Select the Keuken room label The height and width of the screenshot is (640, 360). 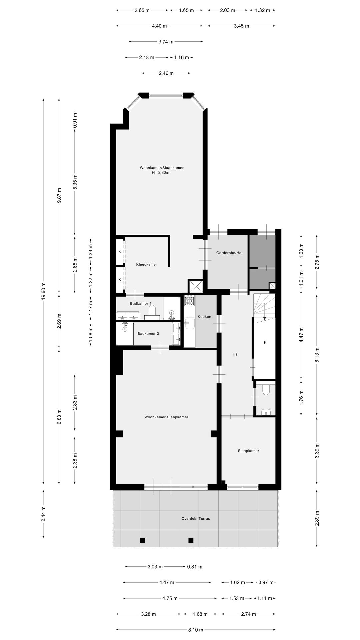[204, 316]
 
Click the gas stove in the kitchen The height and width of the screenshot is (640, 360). [190, 301]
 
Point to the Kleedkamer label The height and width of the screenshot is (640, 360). [146, 264]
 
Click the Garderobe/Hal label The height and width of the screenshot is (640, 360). [229, 253]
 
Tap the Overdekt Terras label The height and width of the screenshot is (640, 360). [196, 518]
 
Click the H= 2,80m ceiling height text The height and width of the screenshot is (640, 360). [160, 173]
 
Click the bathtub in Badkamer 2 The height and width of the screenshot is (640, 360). [176, 333]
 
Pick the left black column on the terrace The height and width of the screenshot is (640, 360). [142, 540]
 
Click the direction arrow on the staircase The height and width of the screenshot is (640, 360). [264, 318]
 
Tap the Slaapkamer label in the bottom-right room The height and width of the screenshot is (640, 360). [248, 451]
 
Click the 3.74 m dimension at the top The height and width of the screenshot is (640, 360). [166, 42]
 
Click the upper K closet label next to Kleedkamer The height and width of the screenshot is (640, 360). [120, 252]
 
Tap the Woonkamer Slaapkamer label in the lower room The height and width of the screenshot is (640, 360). [166, 417]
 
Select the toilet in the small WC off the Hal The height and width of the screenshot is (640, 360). [266, 390]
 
